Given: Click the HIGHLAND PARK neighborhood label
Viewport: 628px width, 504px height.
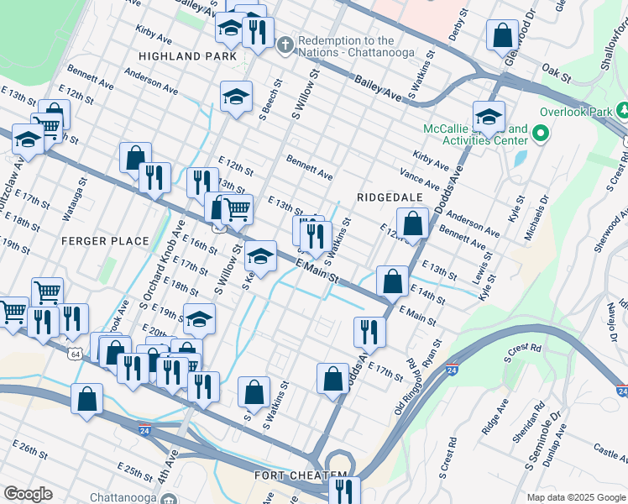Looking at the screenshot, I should click(x=182, y=56).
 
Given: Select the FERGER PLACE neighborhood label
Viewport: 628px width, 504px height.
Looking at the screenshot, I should click(x=105, y=241).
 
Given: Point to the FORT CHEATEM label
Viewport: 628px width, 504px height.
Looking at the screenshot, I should click(x=301, y=476).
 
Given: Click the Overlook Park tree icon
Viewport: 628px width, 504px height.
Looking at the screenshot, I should click(x=623, y=110).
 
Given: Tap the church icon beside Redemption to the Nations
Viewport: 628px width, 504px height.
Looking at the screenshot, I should click(x=285, y=44).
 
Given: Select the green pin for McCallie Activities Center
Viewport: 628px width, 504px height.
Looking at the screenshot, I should click(x=541, y=134).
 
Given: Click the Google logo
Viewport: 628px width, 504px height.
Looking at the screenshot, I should click(x=27, y=494).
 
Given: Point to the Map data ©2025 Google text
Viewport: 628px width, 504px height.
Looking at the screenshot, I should click(x=576, y=497).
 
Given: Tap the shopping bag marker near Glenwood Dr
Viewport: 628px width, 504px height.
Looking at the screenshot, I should click(x=502, y=35).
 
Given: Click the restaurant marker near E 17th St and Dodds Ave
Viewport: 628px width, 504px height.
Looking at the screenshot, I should click(x=369, y=332).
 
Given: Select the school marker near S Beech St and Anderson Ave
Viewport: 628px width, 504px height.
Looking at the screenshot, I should click(x=237, y=96).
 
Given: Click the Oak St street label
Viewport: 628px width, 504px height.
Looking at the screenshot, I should click(x=556, y=73).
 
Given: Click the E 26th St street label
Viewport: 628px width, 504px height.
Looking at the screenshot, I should click(x=29, y=449).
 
